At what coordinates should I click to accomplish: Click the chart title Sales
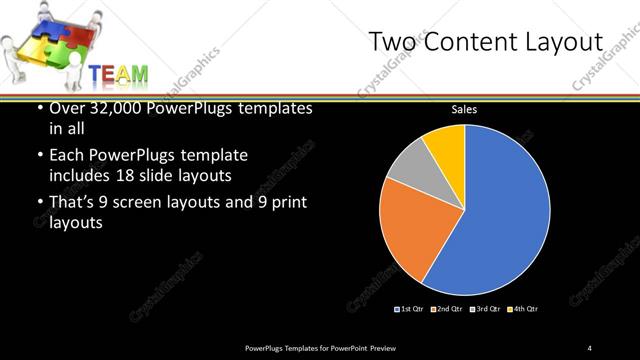(x=463, y=110)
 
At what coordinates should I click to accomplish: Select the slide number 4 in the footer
(x=589, y=347)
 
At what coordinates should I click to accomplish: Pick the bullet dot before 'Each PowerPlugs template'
(x=38, y=156)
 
